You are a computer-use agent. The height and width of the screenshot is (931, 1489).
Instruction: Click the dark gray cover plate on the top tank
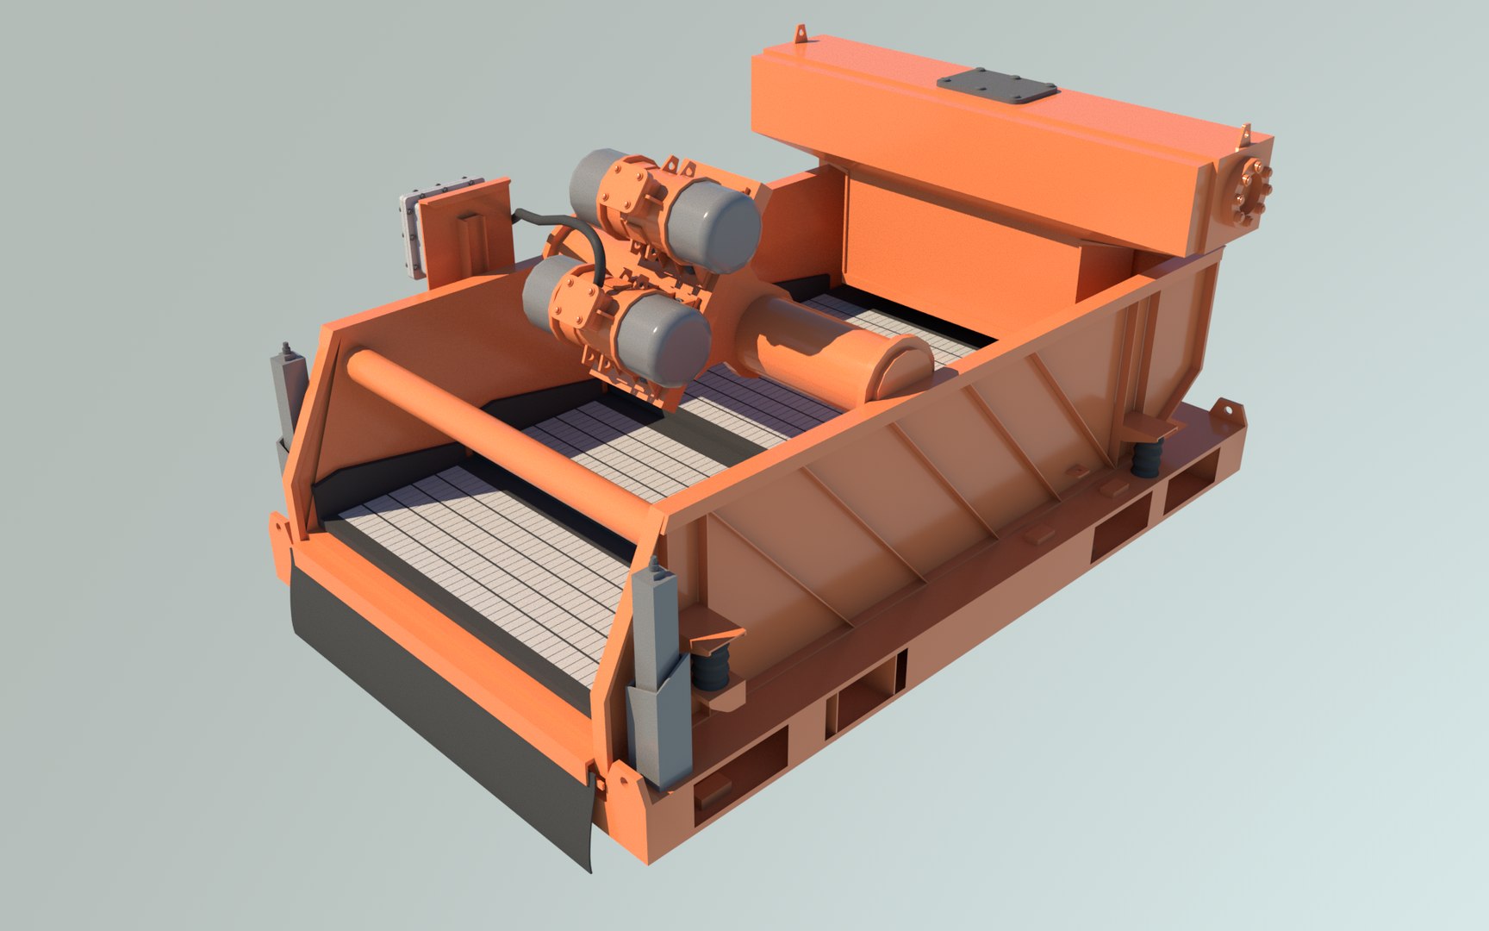tap(997, 88)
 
